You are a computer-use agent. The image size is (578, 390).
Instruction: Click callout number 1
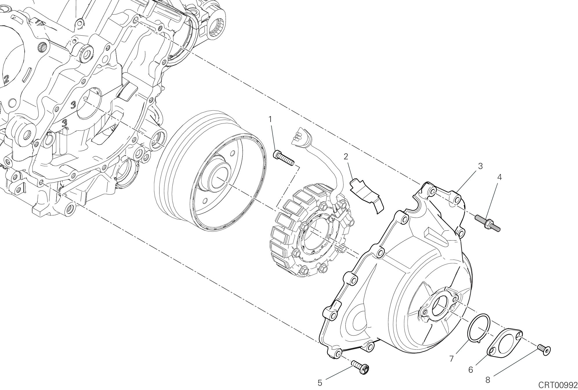pyautogui.click(x=270, y=119)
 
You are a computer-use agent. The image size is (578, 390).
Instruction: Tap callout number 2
pyautogui.click(x=346, y=157)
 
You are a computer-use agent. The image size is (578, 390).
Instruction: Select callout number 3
pyautogui.click(x=480, y=166)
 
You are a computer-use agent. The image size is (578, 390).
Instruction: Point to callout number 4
pyautogui.click(x=499, y=177)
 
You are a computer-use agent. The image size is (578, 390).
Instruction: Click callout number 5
pyautogui.click(x=320, y=383)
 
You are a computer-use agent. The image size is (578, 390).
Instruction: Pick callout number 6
pyautogui.click(x=471, y=370)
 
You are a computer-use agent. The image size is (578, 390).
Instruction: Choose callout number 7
pyautogui.click(x=452, y=359)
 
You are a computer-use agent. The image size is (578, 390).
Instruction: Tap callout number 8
pyautogui.click(x=488, y=380)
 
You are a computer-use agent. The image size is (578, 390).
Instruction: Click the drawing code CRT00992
pyautogui.click(x=558, y=385)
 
